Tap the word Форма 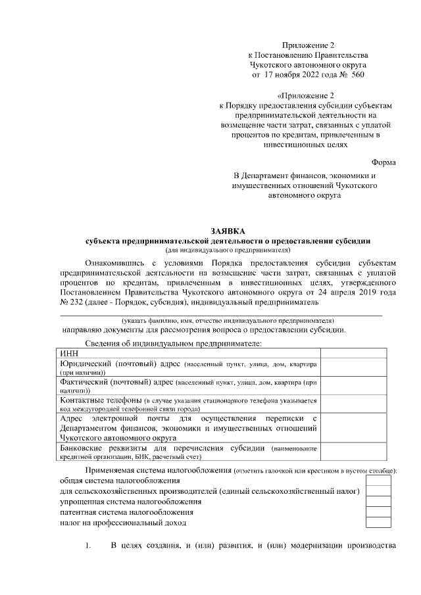pyautogui.click(x=384, y=162)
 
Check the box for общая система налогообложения pyautogui.click(x=378, y=481)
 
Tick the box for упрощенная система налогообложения pyautogui.click(x=378, y=502)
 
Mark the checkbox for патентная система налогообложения pyautogui.click(x=378, y=512)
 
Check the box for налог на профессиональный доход pyautogui.click(x=378, y=523)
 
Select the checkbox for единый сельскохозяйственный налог pyautogui.click(x=378, y=492)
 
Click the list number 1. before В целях pyautogui.click(x=89, y=546)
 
